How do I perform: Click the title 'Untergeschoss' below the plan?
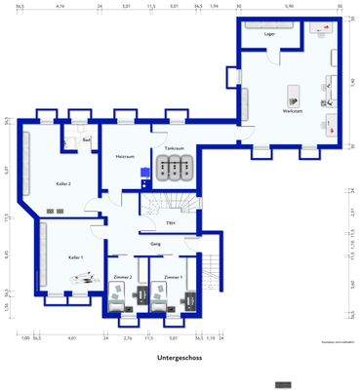(179, 358)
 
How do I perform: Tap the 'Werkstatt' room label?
(292, 113)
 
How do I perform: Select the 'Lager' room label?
(269, 33)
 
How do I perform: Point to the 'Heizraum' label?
(124, 156)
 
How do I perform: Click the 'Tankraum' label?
(174, 148)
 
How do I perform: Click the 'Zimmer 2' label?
(123, 278)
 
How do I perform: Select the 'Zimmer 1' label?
(174, 278)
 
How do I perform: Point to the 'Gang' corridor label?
(155, 244)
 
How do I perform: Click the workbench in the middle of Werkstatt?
(292, 96)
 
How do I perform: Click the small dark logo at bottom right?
(283, 381)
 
